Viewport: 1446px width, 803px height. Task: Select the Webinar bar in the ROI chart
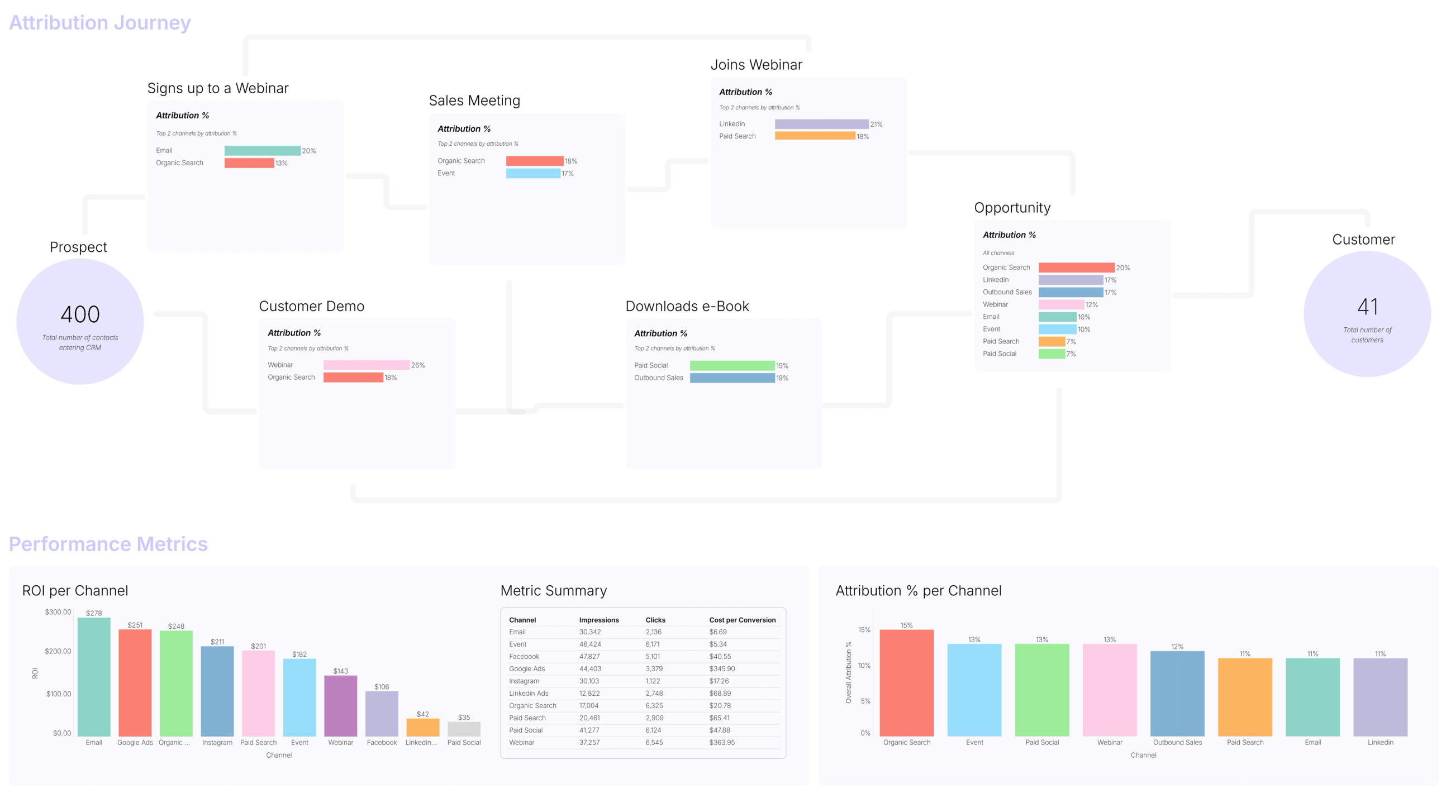[x=340, y=705]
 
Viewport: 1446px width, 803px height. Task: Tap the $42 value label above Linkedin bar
[x=423, y=714]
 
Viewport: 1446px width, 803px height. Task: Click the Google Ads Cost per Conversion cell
[x=722, y=668]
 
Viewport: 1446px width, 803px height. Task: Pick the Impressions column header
[x=598, y=619]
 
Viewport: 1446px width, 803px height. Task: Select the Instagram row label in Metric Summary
[x=524, y=681]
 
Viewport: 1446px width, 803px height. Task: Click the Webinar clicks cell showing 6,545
[x=654, y=742]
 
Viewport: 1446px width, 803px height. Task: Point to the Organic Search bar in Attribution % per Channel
[x=906, y=682]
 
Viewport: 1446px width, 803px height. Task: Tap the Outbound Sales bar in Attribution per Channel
[x=1177, y=693]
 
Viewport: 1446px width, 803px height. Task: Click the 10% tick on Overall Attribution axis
[x=864, y=665]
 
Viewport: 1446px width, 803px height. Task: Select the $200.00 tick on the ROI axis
[x=58, y=651]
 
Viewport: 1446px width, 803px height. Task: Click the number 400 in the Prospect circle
[x=80, y=314]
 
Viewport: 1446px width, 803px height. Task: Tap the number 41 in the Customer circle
[x=1367, y=307]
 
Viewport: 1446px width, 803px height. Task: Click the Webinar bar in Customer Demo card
[x=366, y=365]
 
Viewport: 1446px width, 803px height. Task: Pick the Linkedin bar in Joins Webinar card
[x=821, y=124]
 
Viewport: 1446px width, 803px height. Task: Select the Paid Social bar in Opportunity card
[x=1052, y=353]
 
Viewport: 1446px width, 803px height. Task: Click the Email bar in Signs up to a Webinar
[x=262, y=150]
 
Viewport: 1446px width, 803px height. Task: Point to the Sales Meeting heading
[x=474, y=101]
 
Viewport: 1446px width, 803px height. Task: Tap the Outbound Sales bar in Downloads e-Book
[x=732, y=377]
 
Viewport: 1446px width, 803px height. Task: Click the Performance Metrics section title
[x=108, y=544]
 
